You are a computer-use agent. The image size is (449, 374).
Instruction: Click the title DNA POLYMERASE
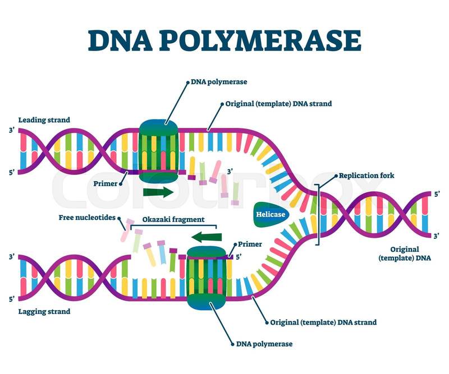[x=224, y=40]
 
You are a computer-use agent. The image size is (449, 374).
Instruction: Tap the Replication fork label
[x=366, y=176]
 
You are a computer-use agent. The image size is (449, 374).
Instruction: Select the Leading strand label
[x=44, y=120]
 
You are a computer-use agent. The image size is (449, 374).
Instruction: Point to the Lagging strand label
[x=44, y=311]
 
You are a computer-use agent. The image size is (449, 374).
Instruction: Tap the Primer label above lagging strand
[x=250, y=244]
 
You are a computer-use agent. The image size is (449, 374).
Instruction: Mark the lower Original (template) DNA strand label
[x=323, y=322]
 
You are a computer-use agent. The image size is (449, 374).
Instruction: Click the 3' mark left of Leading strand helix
[x=12, y=131]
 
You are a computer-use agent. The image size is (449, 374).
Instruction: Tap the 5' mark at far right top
[x=437, y=194]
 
